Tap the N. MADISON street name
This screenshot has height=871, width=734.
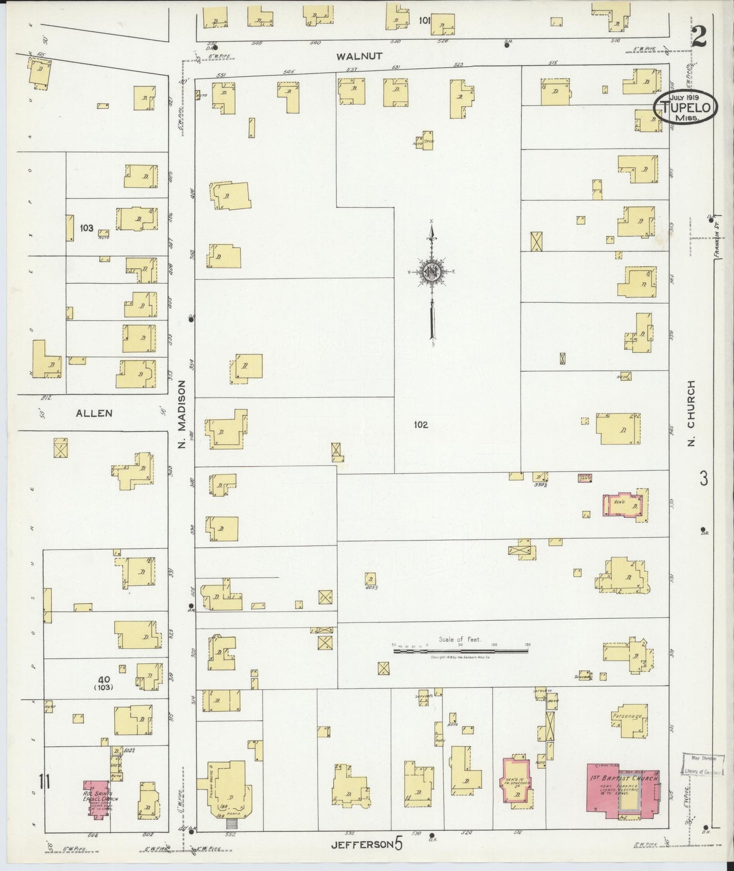tap(183, 415)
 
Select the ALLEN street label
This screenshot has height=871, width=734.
tap(94, 413)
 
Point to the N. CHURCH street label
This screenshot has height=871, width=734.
tap(691, 414)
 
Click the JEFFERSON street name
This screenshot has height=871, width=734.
tap(362, 845)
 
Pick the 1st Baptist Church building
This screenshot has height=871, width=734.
tap(623, 793)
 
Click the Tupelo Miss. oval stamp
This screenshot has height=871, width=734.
tap(685, 107)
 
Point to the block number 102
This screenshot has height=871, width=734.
tap(421, 425)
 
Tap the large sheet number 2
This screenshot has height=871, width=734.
tap(699, 36)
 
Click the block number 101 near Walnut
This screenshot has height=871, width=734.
tap(424, 21)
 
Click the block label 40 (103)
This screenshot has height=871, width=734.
tap(105, 683)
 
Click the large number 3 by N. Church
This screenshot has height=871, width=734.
tap(704, 479)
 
